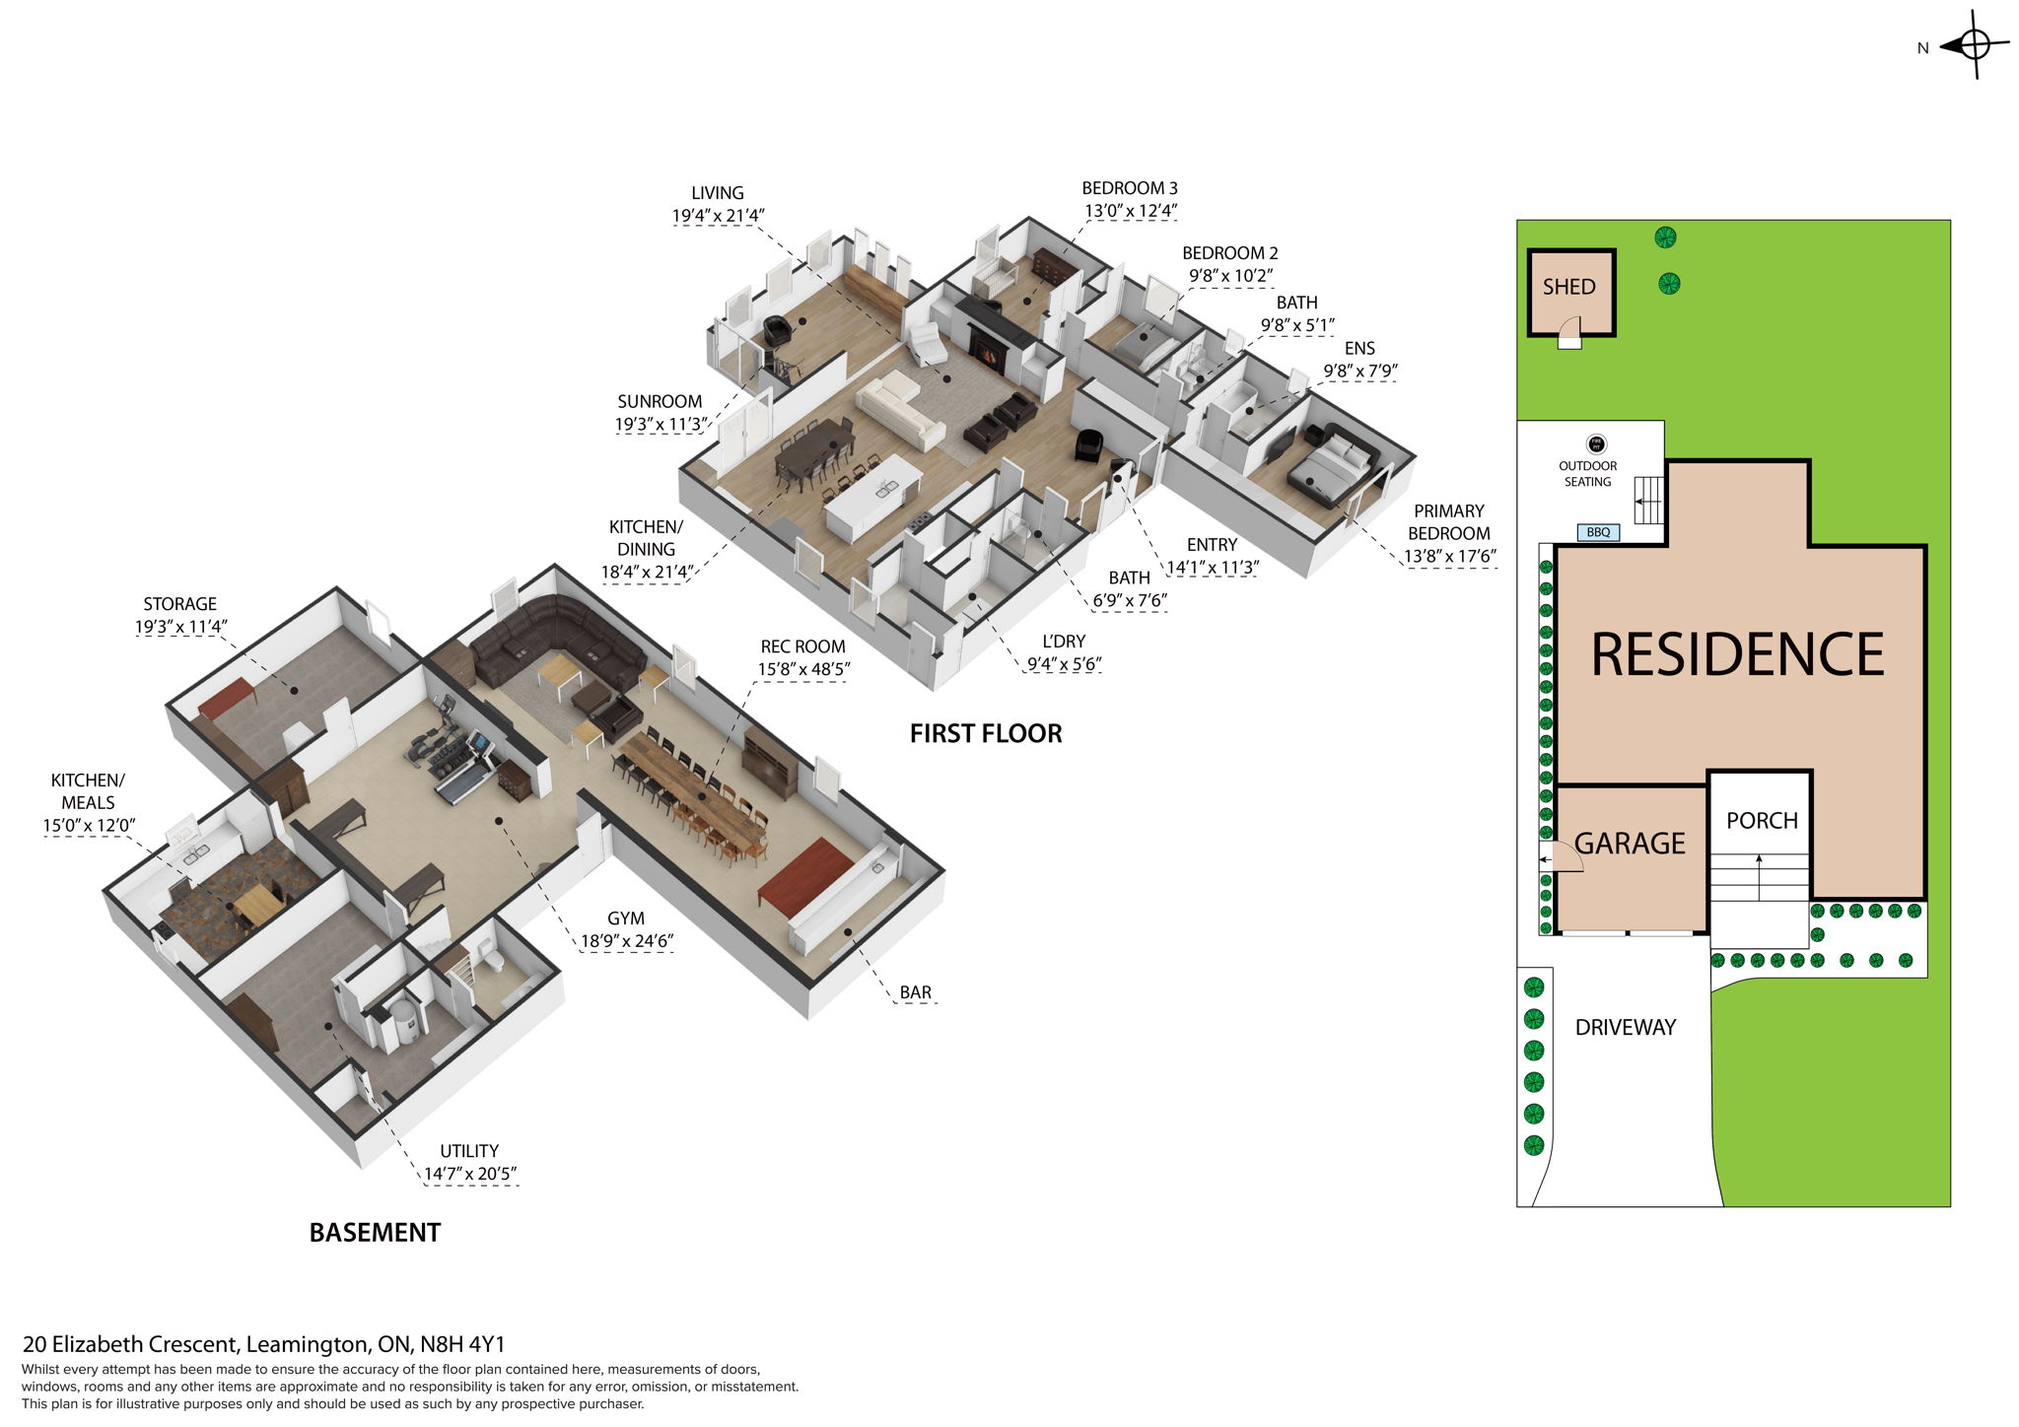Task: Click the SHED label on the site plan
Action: pyautogui.click(x=1568, y=287)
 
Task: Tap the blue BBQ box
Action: pyautogui.click(x=1598, y=532)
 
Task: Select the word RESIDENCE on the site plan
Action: pyautogui.click(x=1737, y=655)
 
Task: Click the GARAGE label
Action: pyautogui.click(x=1630, y=844)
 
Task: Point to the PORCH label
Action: pyautogui.click(x=1762, y=821)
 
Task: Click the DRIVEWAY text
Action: pyautogui.click(x=1625, y=1027)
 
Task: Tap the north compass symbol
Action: pyautogui.click(x=1974, y=45)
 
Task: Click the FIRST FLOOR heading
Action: pyautogui.click(x=985, y=733)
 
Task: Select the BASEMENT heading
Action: pyautogui.click(x=375, y=1233)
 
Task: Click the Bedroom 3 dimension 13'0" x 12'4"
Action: pyautogui.click(x=1130, y=211)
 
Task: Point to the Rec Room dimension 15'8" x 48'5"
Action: pyautogui.click(x=802, y=670)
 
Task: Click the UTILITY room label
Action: pyautogui.click(x=469, y=1151)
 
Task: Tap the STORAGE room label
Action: pyautogui.click(x=179, y=604)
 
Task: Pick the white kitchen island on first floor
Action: pyautogui.click(x=871, y=497)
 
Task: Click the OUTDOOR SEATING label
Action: pyautogui.click(x=1587, y=474)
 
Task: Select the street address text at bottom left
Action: pyautogui.click(x=263, y=1344)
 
